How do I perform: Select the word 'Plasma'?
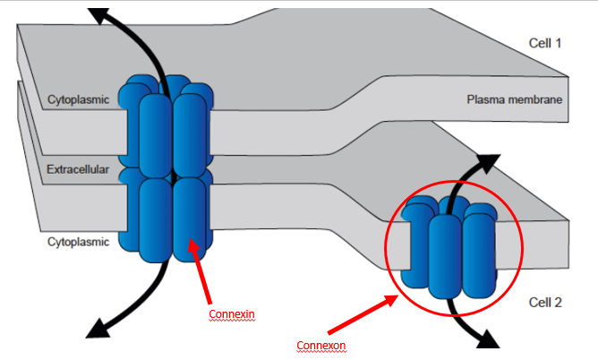(x=484, y=99)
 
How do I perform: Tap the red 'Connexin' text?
(x=232, y=314)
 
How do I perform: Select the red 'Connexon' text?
(x=320, y=344)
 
